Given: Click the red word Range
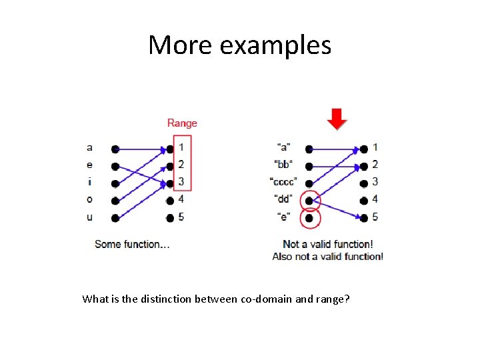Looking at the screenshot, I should click(x=182, y=123).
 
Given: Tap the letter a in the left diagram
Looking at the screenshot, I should click(x=90, y=148).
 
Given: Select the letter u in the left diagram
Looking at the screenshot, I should click(x=90, y=217).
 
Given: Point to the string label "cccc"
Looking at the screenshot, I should click(x=284, y=182).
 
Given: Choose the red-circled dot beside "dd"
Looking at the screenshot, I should click(x=309, y=200).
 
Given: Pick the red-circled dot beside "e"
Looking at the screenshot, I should click(x=309, y=218).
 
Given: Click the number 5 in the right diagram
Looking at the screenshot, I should click(x=375, y=216).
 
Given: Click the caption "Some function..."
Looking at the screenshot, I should click(x=132, y=244).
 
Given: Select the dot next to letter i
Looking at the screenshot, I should click(x=115, y=183).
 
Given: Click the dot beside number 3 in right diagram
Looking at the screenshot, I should click(x=364, y=183).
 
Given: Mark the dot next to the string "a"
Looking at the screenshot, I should click(x=309, y=149).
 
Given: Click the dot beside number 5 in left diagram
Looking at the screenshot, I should click(x=171, y=217).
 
